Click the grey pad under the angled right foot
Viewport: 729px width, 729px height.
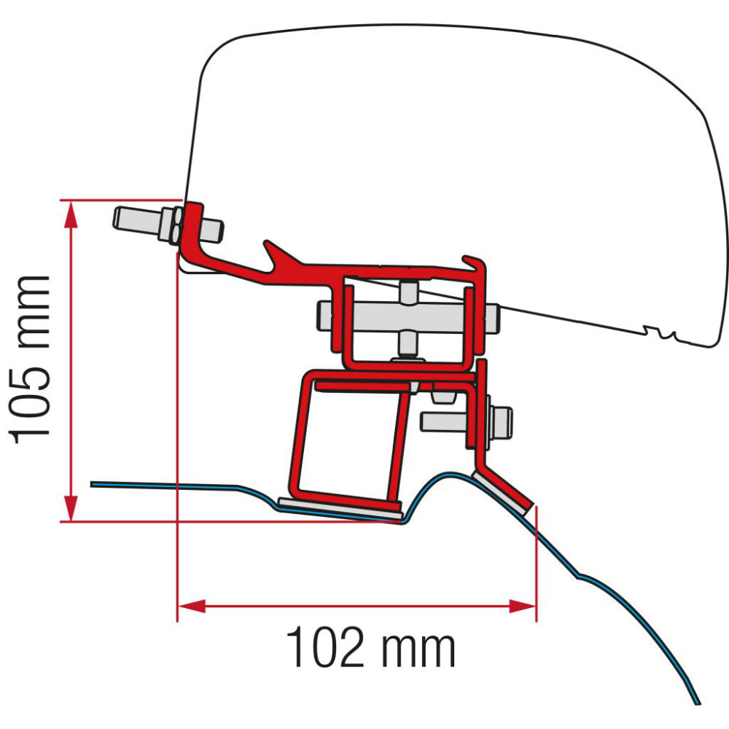tap(503, 490)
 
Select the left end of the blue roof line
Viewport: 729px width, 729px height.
tap(93, 483)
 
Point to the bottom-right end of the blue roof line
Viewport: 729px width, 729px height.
tap(698, 703)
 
